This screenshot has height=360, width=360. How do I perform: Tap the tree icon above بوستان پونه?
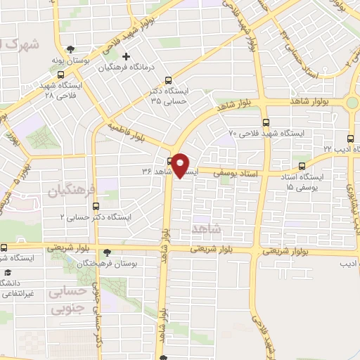[70, 49]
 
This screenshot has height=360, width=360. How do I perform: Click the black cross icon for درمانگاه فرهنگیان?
[126, 56]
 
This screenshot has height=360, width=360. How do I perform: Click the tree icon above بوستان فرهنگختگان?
[105, 252]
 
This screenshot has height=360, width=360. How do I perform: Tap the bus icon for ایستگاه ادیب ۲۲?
[350, 138]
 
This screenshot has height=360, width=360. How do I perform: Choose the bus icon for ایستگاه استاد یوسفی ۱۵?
[302, 167]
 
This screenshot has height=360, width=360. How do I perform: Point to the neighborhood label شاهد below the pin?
[205, 229]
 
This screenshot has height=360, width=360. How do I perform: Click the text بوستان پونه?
[86, 61]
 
